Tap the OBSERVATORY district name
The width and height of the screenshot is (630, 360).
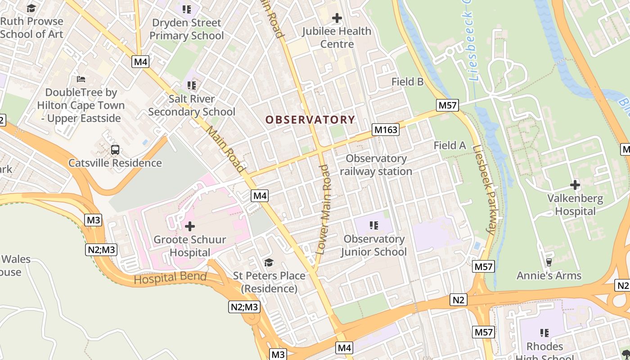pos(310,120)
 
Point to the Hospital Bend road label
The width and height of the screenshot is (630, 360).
pos(170,278)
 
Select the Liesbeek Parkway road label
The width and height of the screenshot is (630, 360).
pos(487,189)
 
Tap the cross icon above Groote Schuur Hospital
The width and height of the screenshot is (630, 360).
pos(190,226)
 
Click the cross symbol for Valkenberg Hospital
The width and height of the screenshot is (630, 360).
pos(575,184)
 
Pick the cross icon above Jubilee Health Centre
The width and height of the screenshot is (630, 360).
pos(337,18)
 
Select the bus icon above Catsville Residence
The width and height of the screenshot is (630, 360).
pos(115,149)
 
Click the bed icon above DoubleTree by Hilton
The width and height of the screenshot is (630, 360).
pos(81,79)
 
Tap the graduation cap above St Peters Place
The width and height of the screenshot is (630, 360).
pos(269,262)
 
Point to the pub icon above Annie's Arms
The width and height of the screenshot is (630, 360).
pos(549,262)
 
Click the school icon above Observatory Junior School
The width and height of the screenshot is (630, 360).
pos(373,225)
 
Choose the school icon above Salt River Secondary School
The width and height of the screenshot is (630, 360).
pos(192,85)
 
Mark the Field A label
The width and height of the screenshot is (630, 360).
pos(450,145)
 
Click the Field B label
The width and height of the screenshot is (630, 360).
pos(407,82)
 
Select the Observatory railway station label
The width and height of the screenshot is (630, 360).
pos(376,165)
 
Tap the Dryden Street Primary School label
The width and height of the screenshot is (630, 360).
pos(187,29)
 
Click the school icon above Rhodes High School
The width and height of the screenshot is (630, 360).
pos(544,333)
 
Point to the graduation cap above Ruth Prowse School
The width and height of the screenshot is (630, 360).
pos(31,8)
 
